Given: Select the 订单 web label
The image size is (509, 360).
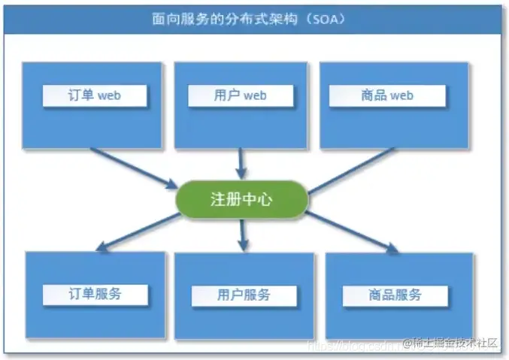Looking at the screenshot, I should (95, 95).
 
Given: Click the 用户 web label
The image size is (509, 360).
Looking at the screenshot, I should (240, 95).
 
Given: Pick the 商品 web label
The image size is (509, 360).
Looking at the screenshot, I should (387, 95).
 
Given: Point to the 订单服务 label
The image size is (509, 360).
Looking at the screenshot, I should (95, 294).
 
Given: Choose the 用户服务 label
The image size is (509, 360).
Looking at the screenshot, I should (242, 295).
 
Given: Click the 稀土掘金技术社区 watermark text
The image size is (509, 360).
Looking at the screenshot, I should (456, 343).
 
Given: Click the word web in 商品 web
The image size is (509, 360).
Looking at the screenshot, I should (401, 95).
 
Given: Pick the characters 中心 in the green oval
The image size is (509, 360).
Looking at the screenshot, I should (260, 199).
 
